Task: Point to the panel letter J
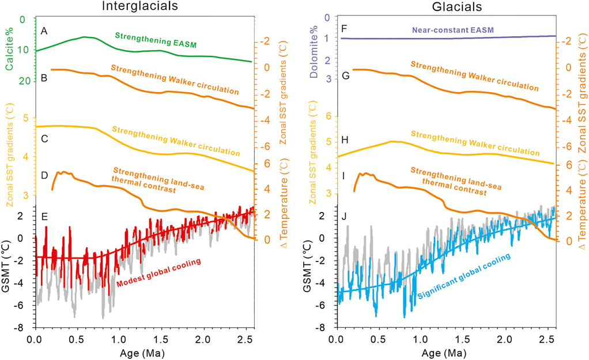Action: point(345,217)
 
